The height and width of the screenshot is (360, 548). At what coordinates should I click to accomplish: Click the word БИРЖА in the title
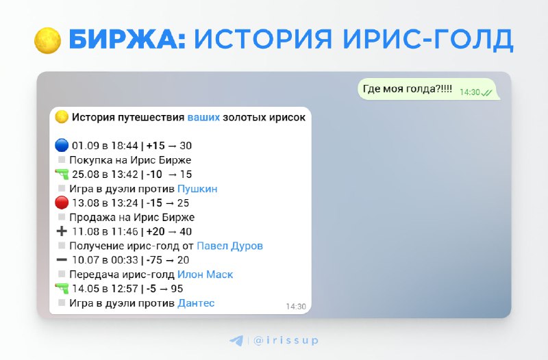(x=127, y=39)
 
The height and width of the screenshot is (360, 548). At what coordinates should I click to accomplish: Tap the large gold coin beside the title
(x=47, y=40)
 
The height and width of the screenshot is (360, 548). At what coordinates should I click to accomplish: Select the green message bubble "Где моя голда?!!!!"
(x=429, y=90)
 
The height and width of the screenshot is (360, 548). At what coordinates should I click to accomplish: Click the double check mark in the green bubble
(x=486, y=92)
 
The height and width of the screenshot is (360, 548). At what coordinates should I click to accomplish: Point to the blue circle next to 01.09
(x=62, y=145)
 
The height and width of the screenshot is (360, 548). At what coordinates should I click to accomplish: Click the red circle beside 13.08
(x=62, y=203)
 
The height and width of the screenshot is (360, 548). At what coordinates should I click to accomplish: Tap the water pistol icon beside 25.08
(x=62, y=174)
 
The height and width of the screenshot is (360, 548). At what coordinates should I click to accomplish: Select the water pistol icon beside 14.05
(x=62, y=288)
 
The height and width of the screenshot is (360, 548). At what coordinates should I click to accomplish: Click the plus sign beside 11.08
(x=62, y=231)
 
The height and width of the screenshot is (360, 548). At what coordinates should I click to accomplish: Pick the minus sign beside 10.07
(x=62, y=260)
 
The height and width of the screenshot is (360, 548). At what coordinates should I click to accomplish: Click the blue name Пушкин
(x=197, y=189)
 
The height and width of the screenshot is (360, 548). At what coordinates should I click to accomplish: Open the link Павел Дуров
(x=229, y=246)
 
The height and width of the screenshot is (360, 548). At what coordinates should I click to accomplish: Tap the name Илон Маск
(x=205, y=274)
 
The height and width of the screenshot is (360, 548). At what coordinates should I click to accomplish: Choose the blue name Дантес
(x=196, y=303)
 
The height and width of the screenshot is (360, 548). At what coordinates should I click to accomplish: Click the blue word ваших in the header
(x=203, y=117)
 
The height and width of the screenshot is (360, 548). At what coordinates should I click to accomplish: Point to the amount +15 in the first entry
(x=155, y=146)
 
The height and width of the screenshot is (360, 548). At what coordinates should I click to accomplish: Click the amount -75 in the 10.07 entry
(x=154, y=260)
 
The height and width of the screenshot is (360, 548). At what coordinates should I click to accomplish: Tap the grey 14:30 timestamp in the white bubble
(x=296, y=307)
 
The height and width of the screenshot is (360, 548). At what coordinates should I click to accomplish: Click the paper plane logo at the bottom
(x=236, y=340)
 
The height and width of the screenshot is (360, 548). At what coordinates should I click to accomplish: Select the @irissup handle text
(x=286, y=340)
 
